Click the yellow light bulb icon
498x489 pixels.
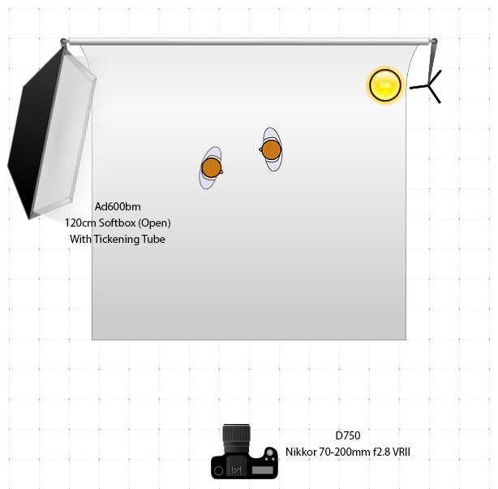(x=385, y=85)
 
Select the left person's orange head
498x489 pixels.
(x=212, y=167)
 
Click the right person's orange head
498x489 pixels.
(x=272, y=149)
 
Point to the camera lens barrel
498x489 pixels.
(x=237, y=438)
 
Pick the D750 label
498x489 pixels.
(x=347, y=435)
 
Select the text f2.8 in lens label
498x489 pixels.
(x=379, y=452)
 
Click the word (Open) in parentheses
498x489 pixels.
(x=155, y=223)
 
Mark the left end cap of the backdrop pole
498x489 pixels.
(x=64, y=41)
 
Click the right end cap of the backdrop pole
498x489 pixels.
(x=434, y=41)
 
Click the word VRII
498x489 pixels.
(x=401, y=452)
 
